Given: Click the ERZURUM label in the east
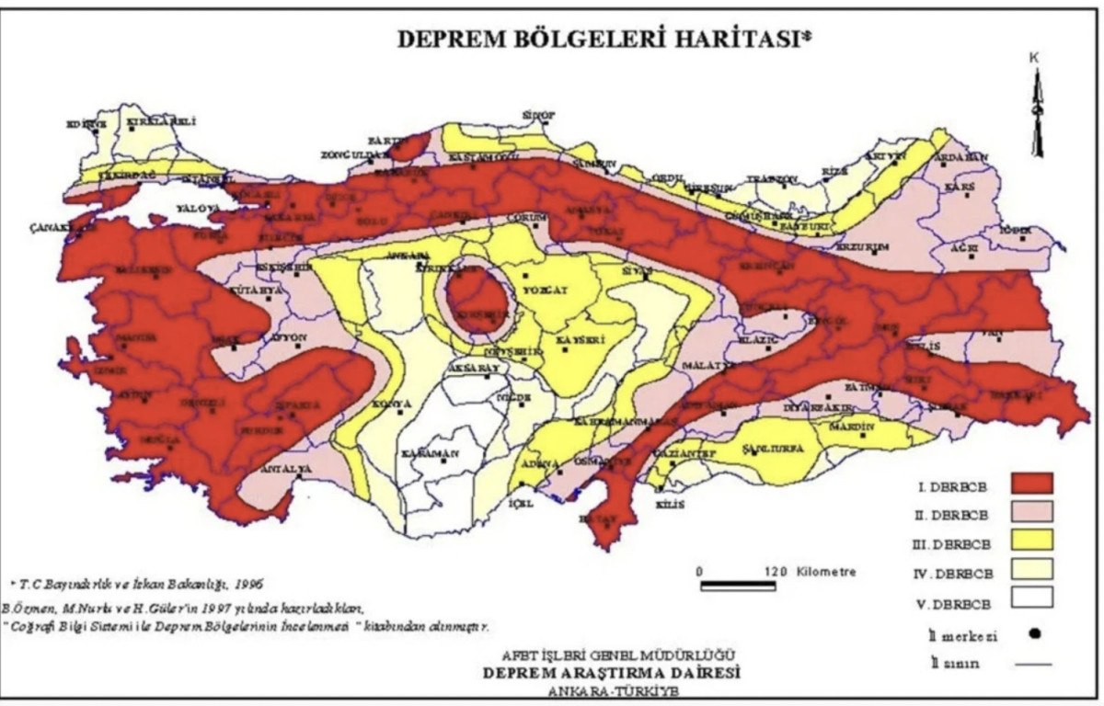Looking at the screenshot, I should click(x=863, y=248).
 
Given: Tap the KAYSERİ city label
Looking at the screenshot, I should click(x=578, y=340).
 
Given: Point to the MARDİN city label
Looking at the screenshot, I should click(x=856, y=427).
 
